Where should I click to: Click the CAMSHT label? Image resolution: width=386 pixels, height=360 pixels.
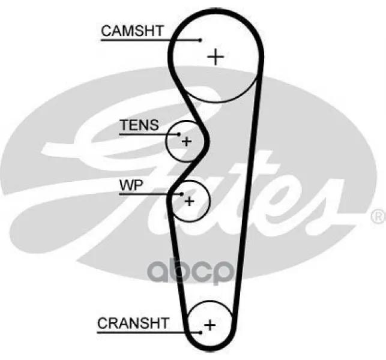pyautogui.click(x=132, y=31)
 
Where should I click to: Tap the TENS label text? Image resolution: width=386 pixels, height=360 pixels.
pyautogui.click(x=139, y=125)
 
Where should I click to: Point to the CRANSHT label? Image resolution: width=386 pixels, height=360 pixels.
pyautogui.click(x=133, y=323)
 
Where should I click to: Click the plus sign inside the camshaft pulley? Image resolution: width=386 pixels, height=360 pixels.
pyautogui.click(x=216, y=57)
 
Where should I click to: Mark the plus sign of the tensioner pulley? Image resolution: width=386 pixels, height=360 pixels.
pyautogui.click(x=186, y=142)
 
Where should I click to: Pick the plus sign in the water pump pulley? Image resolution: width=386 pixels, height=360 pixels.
pyautogui.click(x=189, y=200)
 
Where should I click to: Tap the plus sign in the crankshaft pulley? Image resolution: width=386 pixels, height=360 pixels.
pyautogui.click(x=210, y=325)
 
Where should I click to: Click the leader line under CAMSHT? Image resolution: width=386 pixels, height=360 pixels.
pyautogui.click(x=150, y=40)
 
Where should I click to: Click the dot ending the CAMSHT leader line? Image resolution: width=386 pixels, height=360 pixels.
pyautogui.click(x=201, y=40)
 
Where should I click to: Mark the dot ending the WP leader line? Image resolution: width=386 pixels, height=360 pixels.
pyautogui.click(x=181, y=194)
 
